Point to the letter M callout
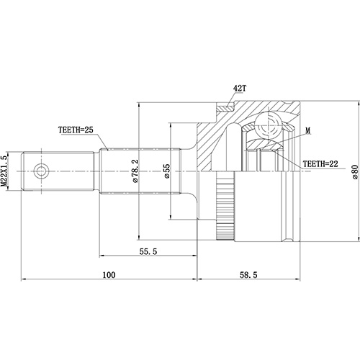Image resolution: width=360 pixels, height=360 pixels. (307, 131)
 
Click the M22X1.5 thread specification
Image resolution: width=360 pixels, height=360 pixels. (6, 171)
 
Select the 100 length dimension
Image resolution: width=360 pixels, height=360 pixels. (109, 275)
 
